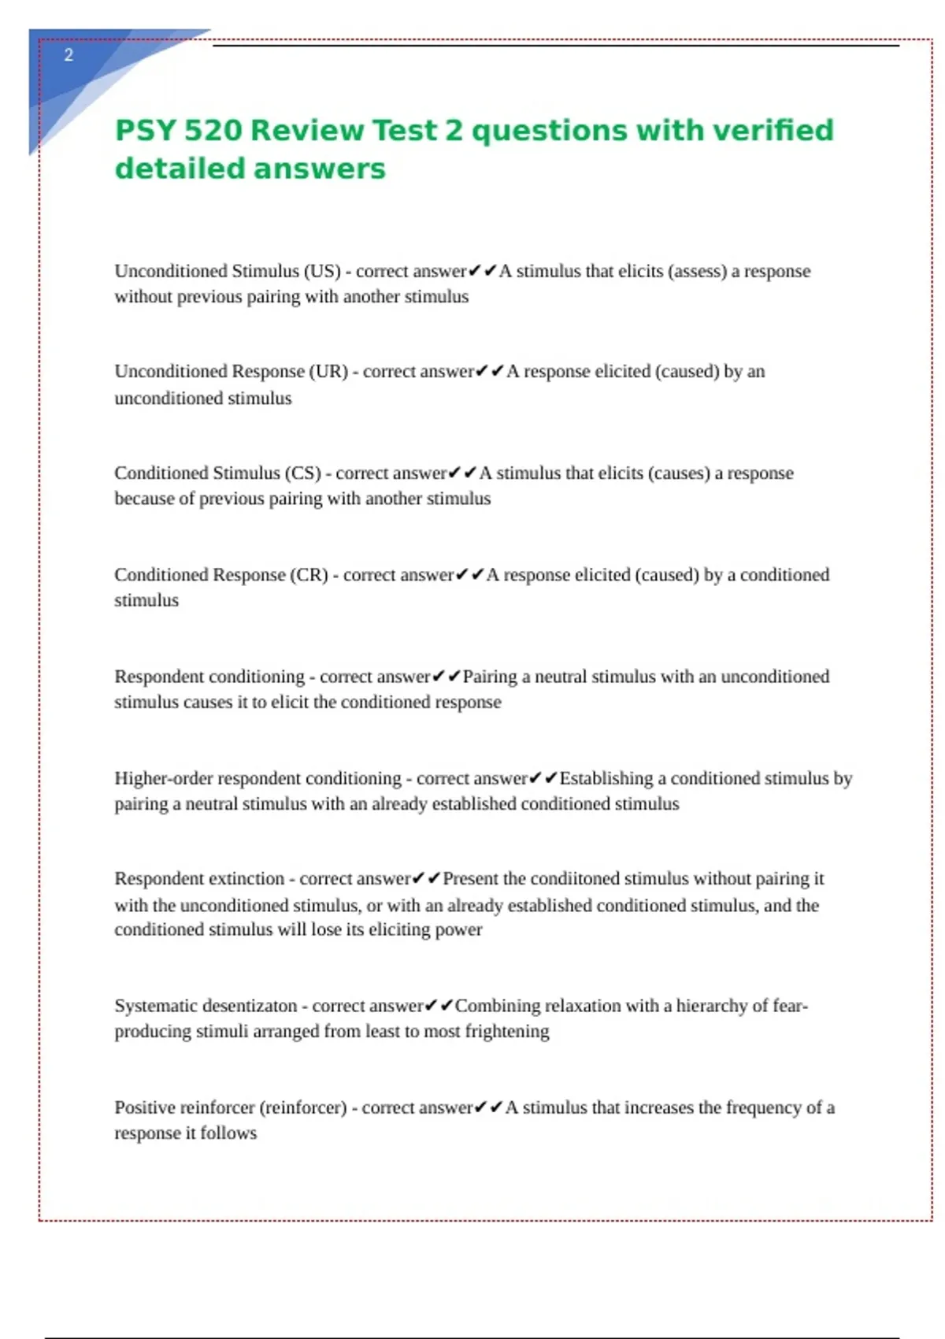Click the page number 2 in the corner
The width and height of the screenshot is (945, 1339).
point(69,55)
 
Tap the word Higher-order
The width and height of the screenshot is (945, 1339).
point(163,778)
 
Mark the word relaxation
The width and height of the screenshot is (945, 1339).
point(583,1006)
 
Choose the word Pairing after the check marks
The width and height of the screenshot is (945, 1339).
point(490,677)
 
